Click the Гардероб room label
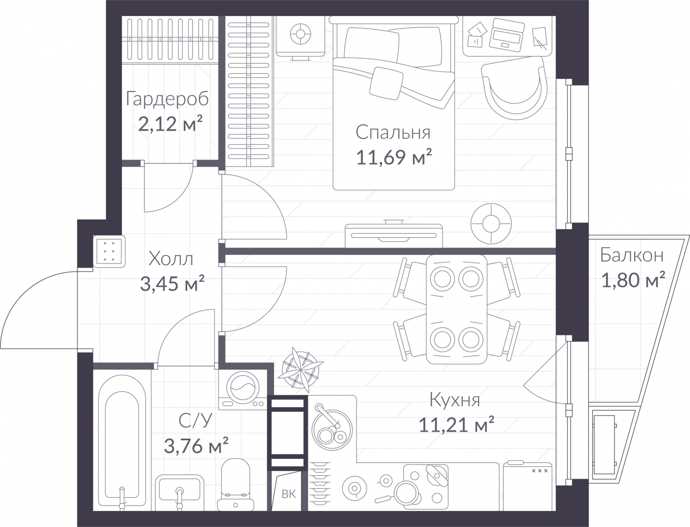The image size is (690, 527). pyautogui.click(x=167, y=99)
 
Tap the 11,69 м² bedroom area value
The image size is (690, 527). pyautogui.click(x=394, y=157)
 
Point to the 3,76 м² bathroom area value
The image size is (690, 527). pyautogui.click(x=196, y=445)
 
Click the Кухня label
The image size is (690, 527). pyautogui.click(x=455, y=401)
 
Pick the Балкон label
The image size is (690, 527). pyautogui.click(x=632, y=255)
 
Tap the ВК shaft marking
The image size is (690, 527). pyautogui.click(x=289, y=494)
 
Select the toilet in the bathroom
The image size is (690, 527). pyautogui.click(x=236, y=484)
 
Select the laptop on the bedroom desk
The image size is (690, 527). pyautogui.click(x=507, y=35)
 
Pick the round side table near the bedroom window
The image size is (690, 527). pyautogui.click(x=491, y=224)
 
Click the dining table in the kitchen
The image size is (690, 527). pyautogui.click(x=456, y=310)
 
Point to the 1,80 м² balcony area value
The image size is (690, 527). pyautogui.click(x=633, y=280)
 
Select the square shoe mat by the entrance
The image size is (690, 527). pyautogui.click(x=109, y=251)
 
